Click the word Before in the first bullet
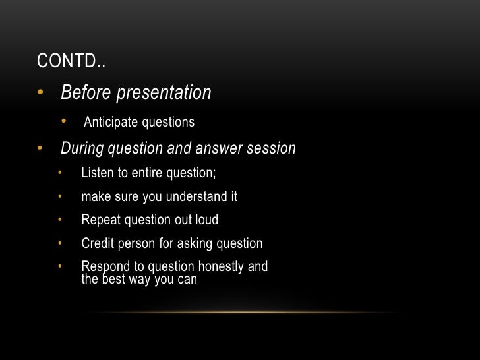coord(86,93)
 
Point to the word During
coord(82,149)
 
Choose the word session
coord(270,149)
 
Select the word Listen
coord(96,173)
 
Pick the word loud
coord(206,220)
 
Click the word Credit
coord(98,244)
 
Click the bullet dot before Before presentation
coord(41,92)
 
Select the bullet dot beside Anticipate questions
coord(65,121)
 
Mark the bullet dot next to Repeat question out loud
coord(59,220)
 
